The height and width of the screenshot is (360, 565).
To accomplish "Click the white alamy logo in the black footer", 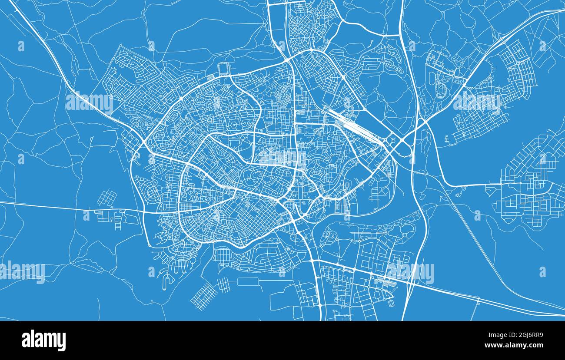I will [x=43, y=340].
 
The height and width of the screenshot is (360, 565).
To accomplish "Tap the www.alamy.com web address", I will [x=514, y=345].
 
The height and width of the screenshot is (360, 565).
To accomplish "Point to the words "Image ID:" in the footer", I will [x=498, y=335].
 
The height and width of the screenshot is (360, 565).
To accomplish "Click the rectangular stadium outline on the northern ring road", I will [x=223, y=69].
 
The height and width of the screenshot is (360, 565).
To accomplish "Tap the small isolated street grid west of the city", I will [x=106, y=198].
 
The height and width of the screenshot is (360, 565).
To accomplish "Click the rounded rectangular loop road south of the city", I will [x=248, y=281].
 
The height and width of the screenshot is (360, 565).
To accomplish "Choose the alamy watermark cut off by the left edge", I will [x=22, y=271].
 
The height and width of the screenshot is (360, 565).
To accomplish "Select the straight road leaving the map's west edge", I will [x=43, y=205].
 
